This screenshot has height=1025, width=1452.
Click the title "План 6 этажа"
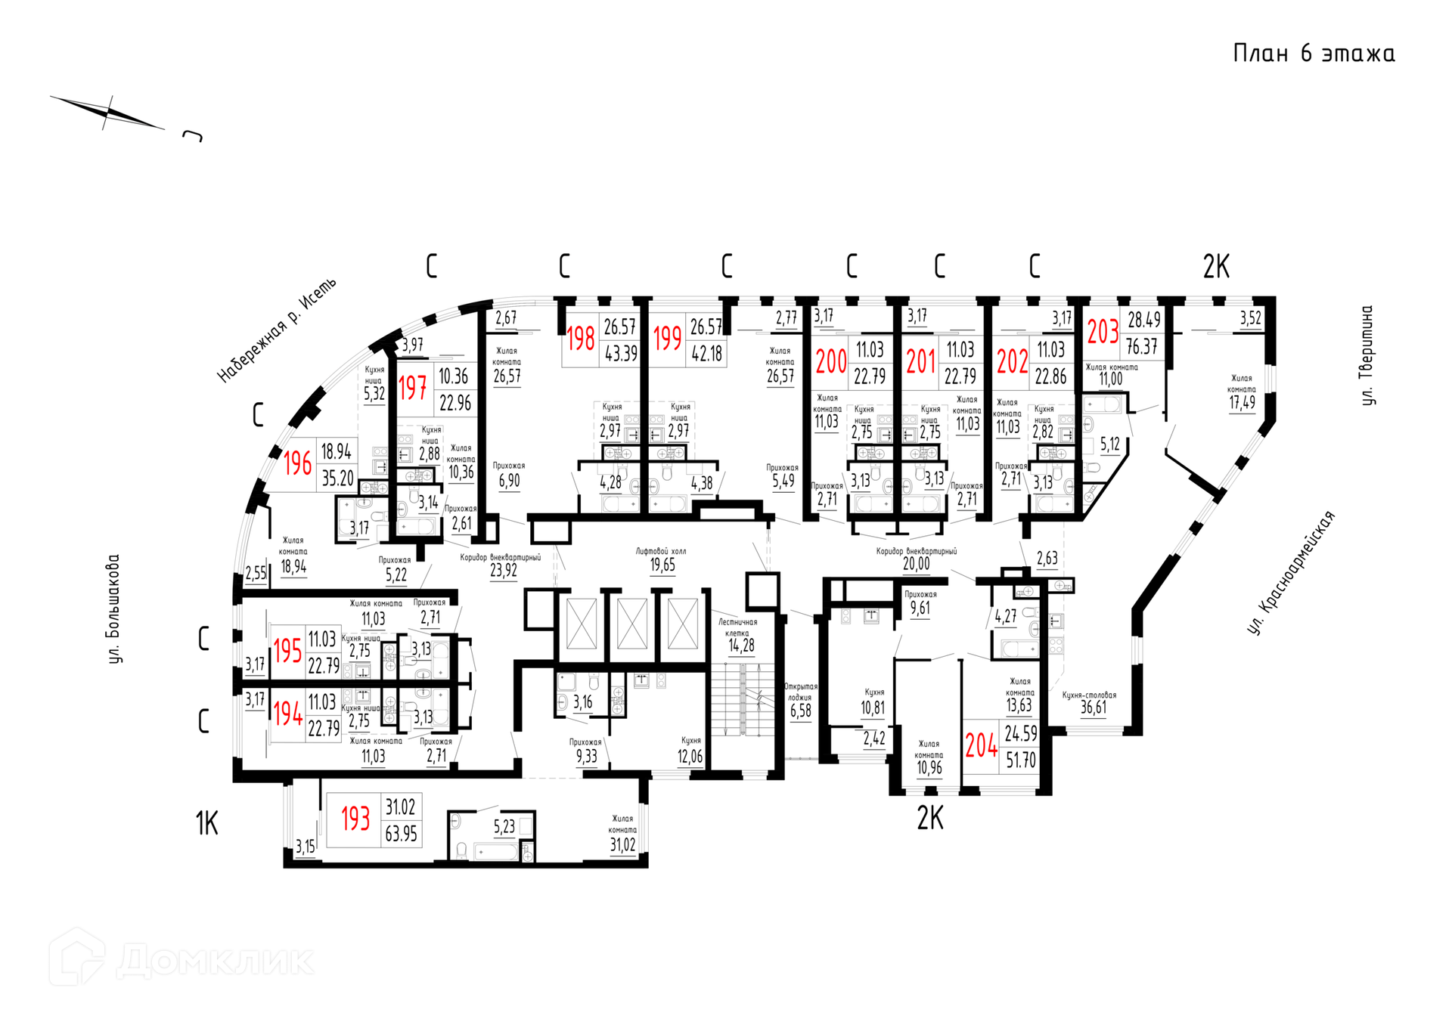point(1314,54)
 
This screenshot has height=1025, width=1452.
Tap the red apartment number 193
point(355,819)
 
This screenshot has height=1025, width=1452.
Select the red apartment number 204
point(981,746)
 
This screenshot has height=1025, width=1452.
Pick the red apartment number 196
point(297,463)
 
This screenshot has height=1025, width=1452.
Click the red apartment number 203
point(1103,332)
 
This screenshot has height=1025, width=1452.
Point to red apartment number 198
point(581,339)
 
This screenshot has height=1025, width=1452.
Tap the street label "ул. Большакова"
point(114,609)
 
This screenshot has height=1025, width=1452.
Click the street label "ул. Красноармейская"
point(1291,573)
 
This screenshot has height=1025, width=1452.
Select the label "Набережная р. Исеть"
point(277,330)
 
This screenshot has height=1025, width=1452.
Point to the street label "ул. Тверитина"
point(1367,355)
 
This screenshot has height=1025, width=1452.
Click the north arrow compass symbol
point(109,113)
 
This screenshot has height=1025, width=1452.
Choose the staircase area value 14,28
point(741,646)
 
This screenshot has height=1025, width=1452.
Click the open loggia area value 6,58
point(801,711)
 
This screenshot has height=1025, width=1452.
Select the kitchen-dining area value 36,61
point(1094,708)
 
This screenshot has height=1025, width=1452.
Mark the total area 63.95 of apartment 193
point(401,834)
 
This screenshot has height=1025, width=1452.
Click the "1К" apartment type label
point(206,823)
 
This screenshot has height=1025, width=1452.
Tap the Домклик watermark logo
point(181,958)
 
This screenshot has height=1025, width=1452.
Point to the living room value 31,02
point(622,845)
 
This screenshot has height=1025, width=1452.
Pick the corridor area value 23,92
point(504,571)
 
